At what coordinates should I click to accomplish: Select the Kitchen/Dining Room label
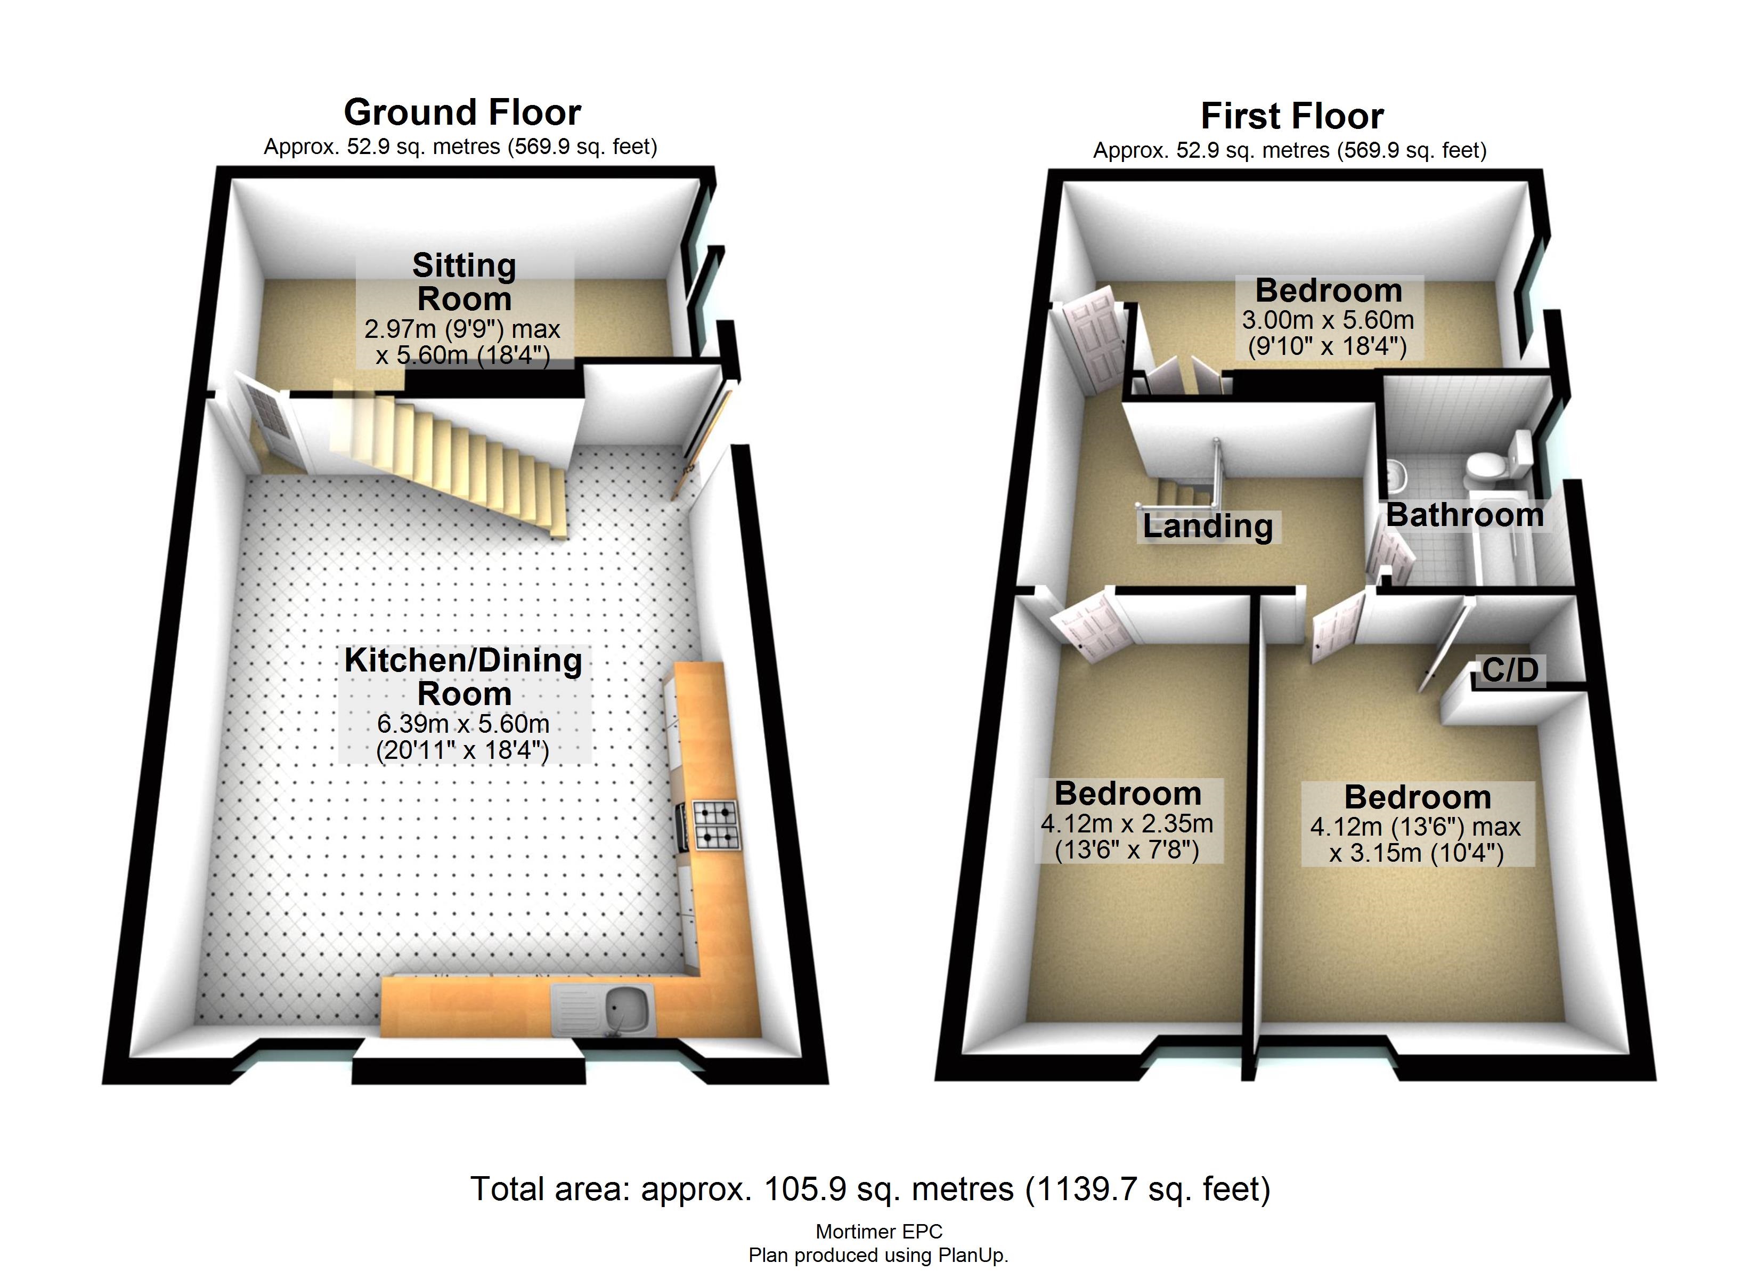click(x=463, y=676)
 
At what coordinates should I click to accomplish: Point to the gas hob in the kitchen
click(x=715, y=824)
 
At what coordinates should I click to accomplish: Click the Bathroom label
click(x=1464, y=515)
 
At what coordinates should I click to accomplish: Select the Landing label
click(x=1207, y=526)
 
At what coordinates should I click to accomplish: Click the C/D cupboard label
click(x=1510, y=670)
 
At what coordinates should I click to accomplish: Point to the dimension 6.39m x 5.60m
click(x=463, y=724)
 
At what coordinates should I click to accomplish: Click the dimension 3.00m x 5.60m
click(x=1327, y=320)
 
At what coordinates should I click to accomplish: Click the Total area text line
click(x=870, y=1188)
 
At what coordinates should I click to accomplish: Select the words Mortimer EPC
click(x=878, y=1231)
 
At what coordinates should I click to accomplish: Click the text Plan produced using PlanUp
click(x=878, y=1255)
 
